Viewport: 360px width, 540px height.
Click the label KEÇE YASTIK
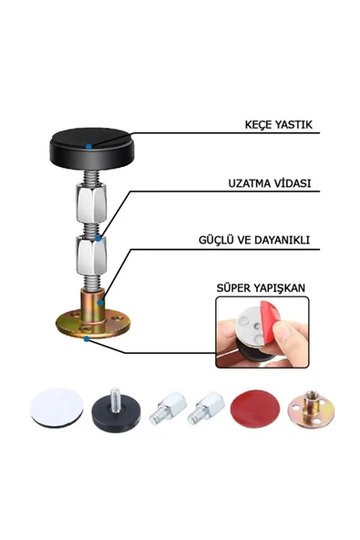[279, 124]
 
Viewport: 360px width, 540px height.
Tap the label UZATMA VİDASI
[270, 182]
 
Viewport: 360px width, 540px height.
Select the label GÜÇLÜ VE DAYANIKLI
[254, 240]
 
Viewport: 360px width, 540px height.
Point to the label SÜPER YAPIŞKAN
[261, 288]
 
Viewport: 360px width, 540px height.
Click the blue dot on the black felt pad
[88, 147]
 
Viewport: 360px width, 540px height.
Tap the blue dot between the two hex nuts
[98, 238]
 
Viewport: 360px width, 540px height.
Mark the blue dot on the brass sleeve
[100, 303]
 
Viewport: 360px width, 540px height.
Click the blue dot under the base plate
[87, 339]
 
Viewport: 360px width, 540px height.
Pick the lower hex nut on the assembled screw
[91, 254]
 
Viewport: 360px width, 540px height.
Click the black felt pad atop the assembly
[92, 147]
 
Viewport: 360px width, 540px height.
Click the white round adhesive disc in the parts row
[57, 408]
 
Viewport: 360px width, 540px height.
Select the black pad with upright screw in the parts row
[116, 413]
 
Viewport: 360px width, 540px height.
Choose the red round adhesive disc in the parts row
[255, 409]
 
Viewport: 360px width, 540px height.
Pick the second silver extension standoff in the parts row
[206, 408]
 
